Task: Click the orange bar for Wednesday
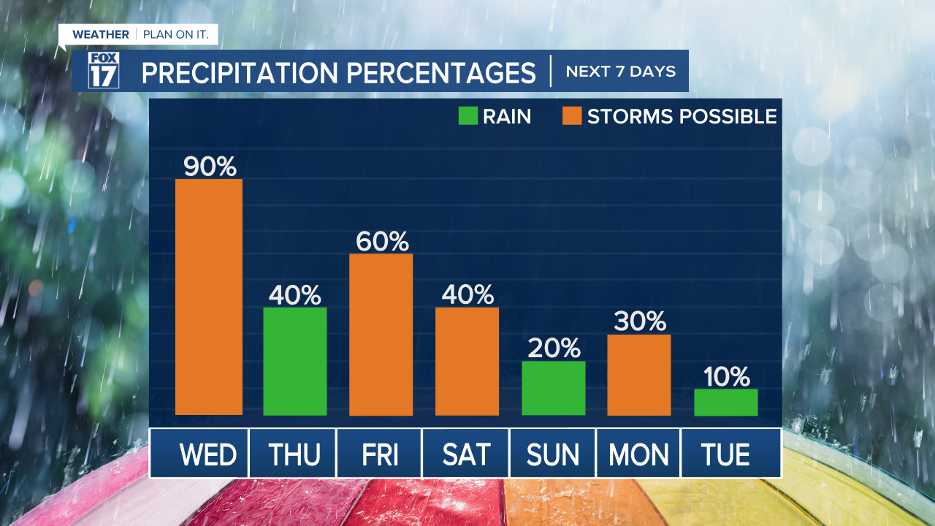pos(209,297)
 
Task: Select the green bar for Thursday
pos(294,361)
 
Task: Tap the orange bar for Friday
pos(381,335)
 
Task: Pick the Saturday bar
pos(467,361)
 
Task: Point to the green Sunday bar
pos(554,388)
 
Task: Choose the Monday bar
pos(639,375)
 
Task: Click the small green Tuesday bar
pos(725,402)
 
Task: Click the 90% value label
pos(210,167)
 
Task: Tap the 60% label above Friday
pos(382,241)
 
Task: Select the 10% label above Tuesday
pos(727,377)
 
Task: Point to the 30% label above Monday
pos(640,321)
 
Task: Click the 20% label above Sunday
pos(554,348)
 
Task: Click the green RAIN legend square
pos(467,116)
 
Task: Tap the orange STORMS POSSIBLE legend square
pos(570,116)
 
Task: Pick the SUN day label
pos(553,455)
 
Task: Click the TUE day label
pos(725,455)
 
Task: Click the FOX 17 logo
pos(104,71)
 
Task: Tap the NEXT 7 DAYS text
pos(620,72)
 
